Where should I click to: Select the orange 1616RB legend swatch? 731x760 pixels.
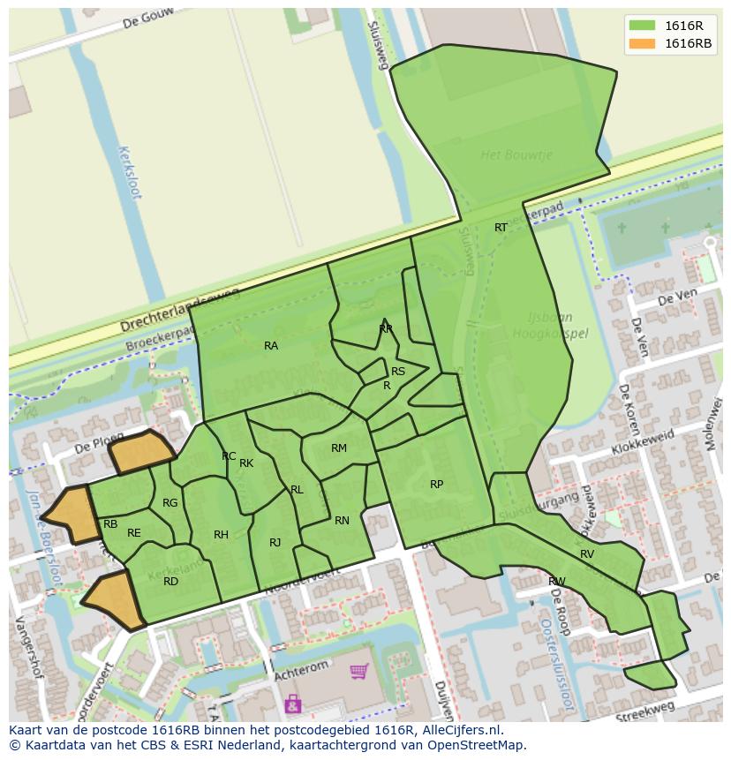[x=643, y=43]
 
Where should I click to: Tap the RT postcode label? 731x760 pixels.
[x=501, y=228]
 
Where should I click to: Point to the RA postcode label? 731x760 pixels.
[x=271, y=346]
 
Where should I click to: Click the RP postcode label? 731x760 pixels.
[x=436, y=485]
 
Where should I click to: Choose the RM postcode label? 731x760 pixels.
[x=339, y=448]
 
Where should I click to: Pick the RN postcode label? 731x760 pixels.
[x=342, y=521]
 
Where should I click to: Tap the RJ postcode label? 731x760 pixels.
[x=275, y=543]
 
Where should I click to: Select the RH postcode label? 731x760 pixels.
[x=221, y=535]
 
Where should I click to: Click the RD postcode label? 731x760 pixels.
[x=171, y=582]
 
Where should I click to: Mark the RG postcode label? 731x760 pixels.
[x=170, y=503]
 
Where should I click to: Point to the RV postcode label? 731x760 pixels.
[x=587, y=554]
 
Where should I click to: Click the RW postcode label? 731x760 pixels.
[x=556, y=582]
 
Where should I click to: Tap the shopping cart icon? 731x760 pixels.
[x=358, y=673]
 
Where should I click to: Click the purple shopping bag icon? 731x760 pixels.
[x=292, y=704]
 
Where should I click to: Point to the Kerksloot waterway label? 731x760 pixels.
[x=129, y=172]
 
